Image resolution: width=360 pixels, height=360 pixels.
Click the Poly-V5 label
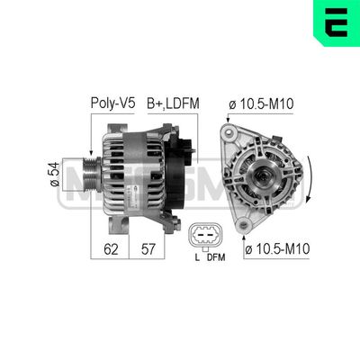click(112, 103)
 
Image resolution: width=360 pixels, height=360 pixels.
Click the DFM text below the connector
click(216, 258)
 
